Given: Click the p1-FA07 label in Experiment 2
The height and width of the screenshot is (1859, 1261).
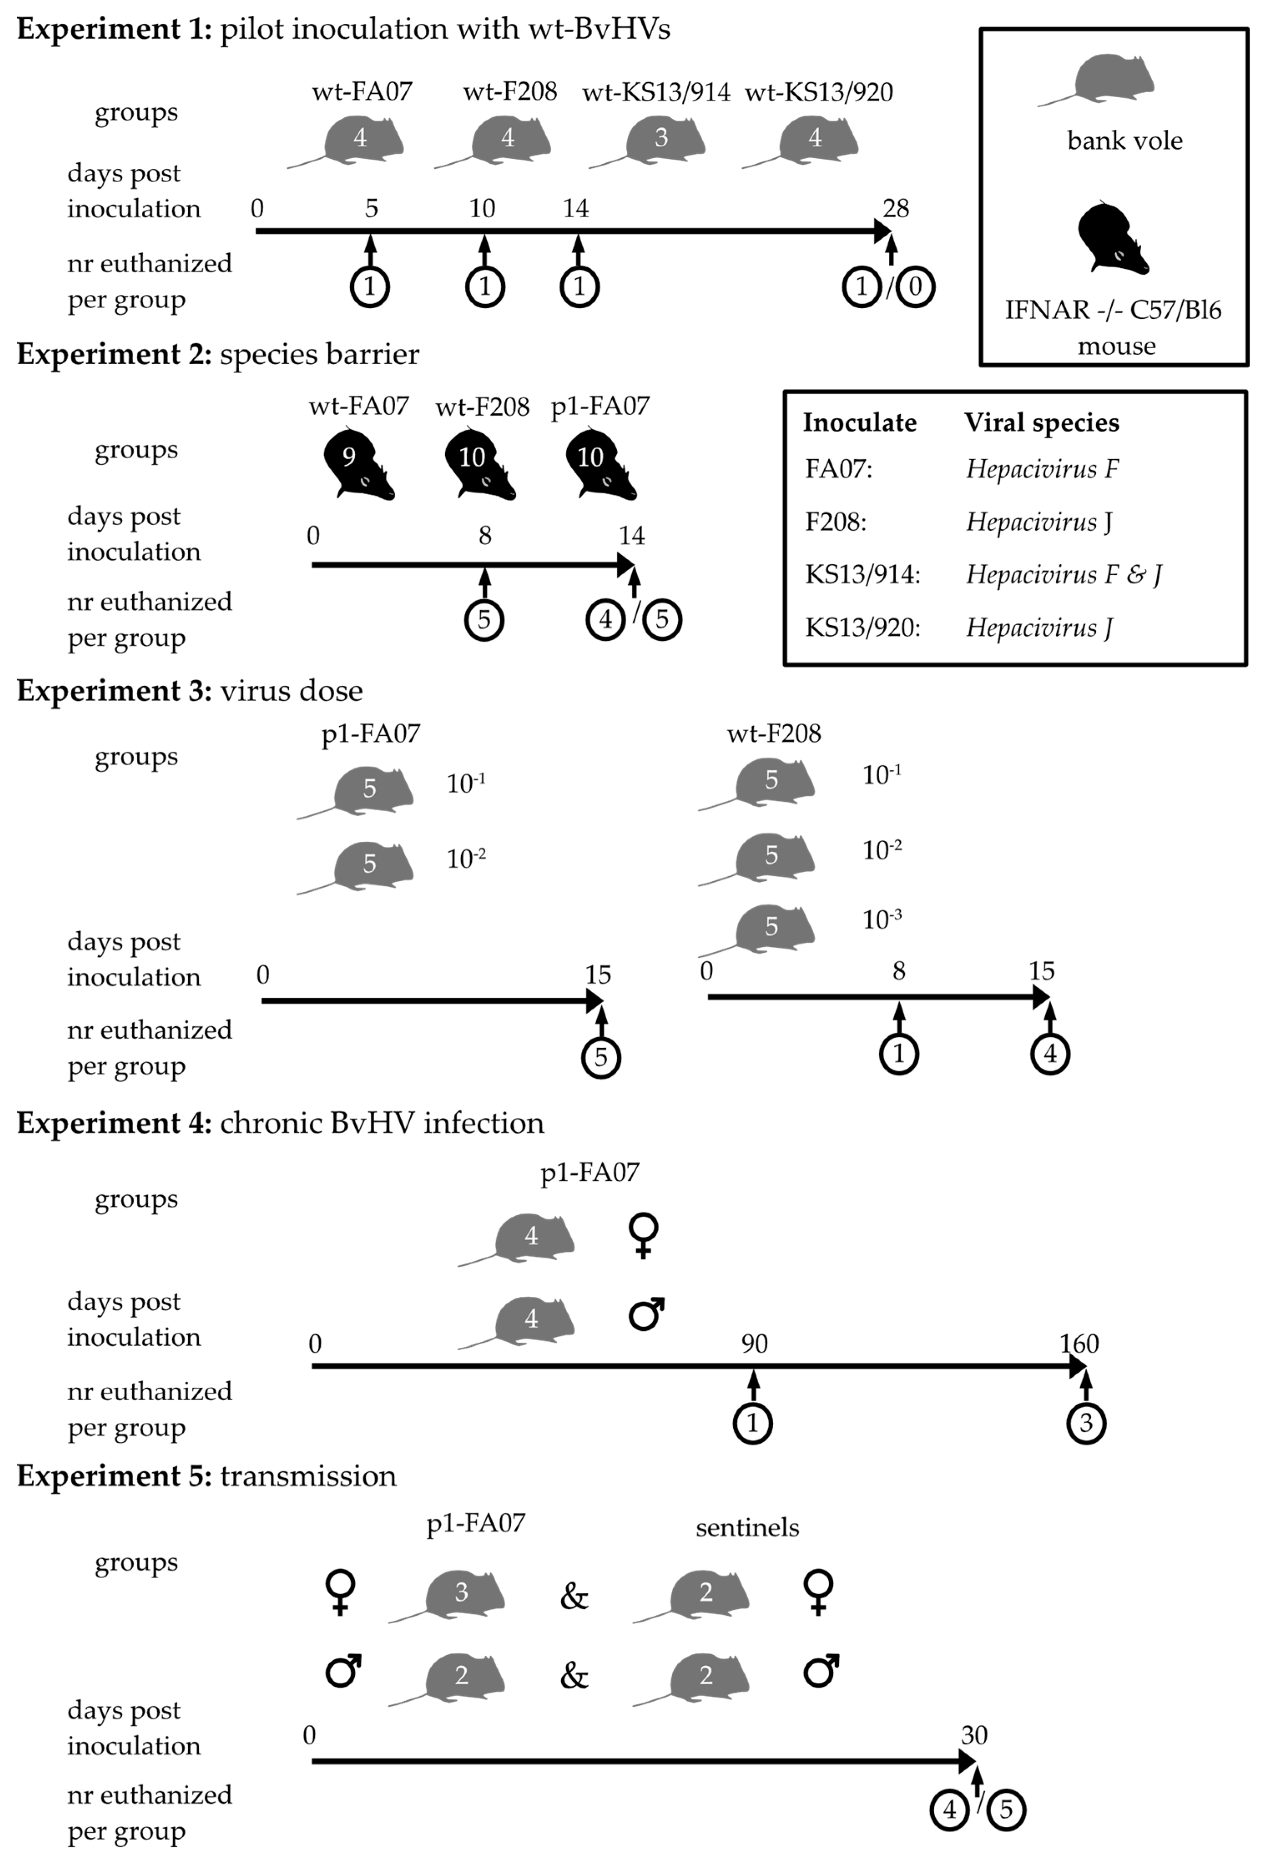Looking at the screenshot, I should [600, 406].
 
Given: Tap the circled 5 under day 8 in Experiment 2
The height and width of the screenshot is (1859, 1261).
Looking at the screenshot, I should [484, 619].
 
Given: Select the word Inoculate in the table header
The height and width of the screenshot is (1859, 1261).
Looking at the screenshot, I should [859, 423].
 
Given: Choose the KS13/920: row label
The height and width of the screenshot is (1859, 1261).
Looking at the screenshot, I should [862, 627].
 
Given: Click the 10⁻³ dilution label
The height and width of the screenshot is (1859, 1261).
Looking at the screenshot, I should [882, 920].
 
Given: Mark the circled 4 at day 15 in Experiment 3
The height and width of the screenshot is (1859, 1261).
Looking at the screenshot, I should [1050, 1054].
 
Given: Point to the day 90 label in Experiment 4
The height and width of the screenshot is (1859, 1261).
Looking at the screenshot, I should [754, 1344].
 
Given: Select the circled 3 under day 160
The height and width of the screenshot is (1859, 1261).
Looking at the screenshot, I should [1086, 1423].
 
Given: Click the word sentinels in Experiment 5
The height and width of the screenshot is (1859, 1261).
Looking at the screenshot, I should [747, 1528].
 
